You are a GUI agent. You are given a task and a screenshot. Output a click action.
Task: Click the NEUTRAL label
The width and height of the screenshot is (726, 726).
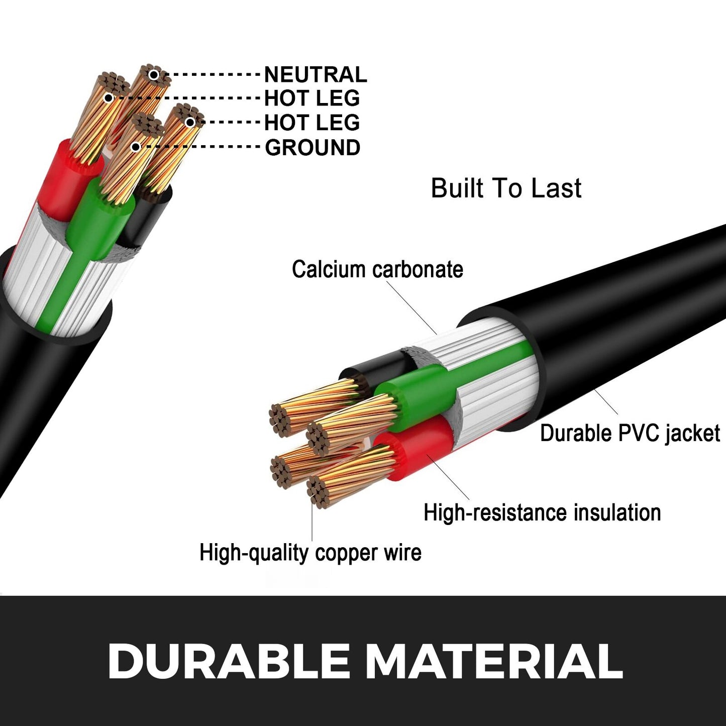pos(315,75)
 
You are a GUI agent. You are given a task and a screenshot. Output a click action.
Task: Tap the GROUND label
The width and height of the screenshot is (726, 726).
pos(312,148)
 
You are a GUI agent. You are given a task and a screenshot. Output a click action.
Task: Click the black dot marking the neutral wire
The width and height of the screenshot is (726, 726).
pos(154,75)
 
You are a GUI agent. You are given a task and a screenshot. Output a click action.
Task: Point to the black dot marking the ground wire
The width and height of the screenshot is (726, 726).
pos(136,147)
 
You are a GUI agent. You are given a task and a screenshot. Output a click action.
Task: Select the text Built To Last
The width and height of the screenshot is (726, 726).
pos(506,188)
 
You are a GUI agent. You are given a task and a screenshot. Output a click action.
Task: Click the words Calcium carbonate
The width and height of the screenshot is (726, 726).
pos(377,269)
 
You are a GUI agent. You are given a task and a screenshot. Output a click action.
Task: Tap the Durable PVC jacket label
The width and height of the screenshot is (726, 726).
pos(630,433)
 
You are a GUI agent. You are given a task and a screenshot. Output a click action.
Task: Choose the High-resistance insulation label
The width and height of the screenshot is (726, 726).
pos(542,513)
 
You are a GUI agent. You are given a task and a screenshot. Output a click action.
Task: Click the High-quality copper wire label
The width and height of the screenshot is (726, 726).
pos(310,553)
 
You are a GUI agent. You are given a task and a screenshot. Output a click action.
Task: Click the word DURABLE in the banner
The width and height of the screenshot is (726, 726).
pos(229,661)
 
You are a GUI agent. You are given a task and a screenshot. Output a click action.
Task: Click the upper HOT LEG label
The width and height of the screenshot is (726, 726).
pos(312,98)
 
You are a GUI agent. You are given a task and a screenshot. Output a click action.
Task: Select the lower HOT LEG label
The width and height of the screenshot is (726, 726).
pos(312,123)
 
